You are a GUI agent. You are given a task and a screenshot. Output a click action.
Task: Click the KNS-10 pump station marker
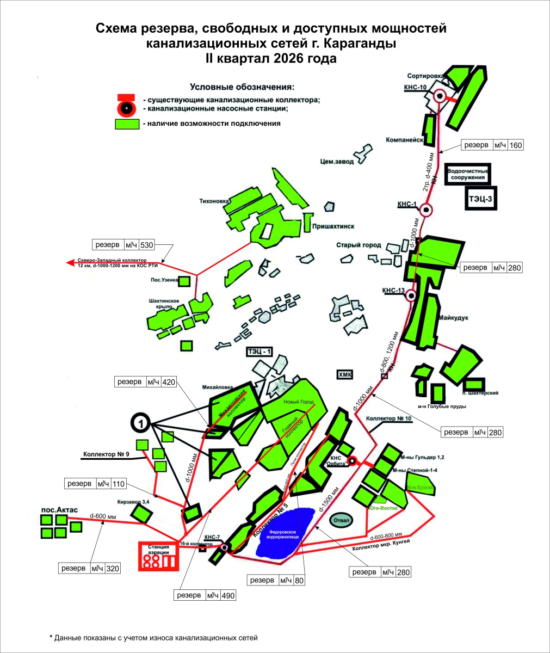click(440, 96)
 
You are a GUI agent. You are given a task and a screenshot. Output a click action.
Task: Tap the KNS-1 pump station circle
click(427, 209)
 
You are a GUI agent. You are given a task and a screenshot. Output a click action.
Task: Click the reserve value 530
click(147, 245)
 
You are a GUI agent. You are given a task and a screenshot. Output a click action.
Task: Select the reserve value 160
click(516, 145)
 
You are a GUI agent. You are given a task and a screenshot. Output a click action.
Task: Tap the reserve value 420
click(169, 382)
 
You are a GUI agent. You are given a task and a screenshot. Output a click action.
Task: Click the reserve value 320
click(113, 569)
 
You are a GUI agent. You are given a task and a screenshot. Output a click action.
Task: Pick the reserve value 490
click(228, 595)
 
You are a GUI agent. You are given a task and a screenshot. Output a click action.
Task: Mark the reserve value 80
click(299, 581)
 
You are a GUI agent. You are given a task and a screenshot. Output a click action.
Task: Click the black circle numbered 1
click(141, 422)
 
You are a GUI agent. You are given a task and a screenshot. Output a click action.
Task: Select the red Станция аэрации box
click(158, 555)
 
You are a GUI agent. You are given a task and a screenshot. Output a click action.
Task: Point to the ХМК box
click(345, 374)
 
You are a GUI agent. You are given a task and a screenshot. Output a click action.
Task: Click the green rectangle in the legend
click(127, 124)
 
